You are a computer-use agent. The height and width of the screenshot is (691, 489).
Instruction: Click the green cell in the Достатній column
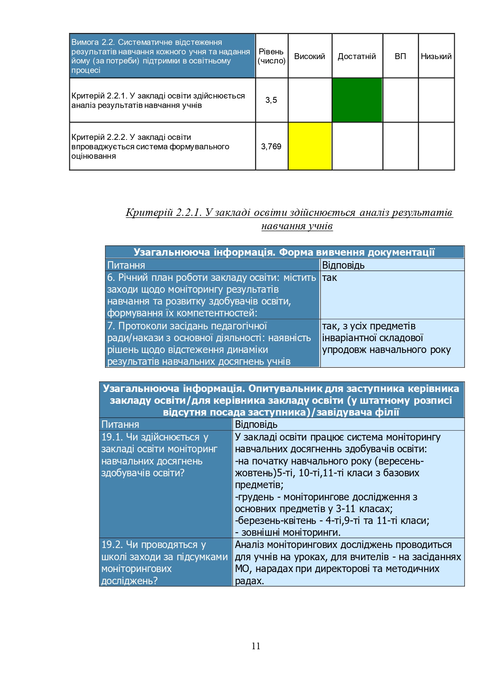coord(357,100)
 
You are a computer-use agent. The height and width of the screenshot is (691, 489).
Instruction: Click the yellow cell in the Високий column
coord(310,146)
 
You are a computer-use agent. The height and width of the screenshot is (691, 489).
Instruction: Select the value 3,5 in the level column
coord(271,100)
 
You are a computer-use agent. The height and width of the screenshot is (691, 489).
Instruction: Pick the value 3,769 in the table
coord(271,147)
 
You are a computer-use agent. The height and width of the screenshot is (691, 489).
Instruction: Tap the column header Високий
coord(310,56)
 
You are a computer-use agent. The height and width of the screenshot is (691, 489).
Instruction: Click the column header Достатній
coord(357,56)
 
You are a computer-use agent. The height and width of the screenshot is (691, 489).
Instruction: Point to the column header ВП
coord(400,56)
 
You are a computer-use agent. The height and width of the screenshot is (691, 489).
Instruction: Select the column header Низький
coord(436,56)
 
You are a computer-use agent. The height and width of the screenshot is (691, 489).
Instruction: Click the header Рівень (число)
coord(271,56)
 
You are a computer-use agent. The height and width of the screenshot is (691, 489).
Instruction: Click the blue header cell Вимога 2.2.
coord(162,56)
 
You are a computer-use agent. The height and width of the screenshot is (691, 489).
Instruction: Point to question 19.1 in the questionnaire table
coord(160,455)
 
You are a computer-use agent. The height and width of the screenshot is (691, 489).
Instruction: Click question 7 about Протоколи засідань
coord(209,344)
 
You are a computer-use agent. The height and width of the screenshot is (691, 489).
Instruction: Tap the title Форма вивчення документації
coord(356,252)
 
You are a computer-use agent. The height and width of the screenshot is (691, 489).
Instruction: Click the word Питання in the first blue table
coord(126,265)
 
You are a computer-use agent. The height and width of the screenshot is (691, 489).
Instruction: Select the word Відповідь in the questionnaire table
coord(256,424)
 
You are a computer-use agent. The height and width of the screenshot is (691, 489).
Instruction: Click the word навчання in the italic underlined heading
coord(277,226)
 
